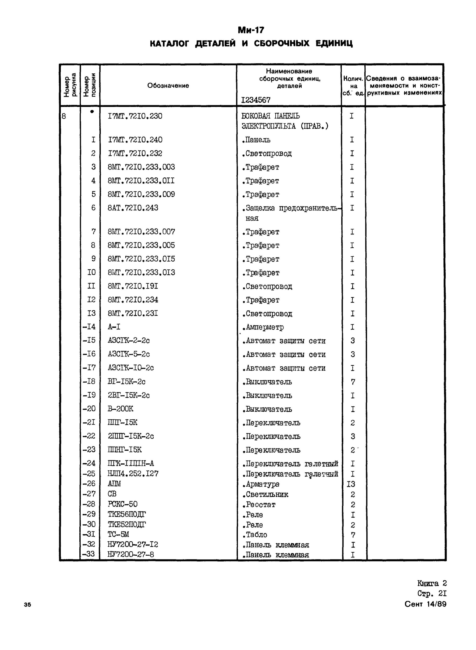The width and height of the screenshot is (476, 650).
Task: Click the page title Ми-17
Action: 251,30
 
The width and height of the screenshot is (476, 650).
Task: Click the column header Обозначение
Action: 168,86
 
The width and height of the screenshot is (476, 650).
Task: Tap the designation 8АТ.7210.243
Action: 133,208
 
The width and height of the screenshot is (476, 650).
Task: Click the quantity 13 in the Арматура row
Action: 351,484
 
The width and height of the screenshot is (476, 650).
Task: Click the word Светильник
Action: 267,494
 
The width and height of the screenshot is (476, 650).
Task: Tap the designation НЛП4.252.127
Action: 133,474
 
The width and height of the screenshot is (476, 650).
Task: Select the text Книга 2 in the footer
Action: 432,583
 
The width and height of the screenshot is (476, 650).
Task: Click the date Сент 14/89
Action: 425,604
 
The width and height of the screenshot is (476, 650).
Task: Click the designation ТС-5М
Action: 118,535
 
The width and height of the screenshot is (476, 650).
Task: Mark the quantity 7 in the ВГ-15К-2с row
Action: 353,382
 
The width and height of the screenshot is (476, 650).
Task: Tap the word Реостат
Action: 260,505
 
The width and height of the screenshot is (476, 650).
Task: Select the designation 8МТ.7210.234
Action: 133,300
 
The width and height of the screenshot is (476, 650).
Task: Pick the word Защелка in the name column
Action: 260,208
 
